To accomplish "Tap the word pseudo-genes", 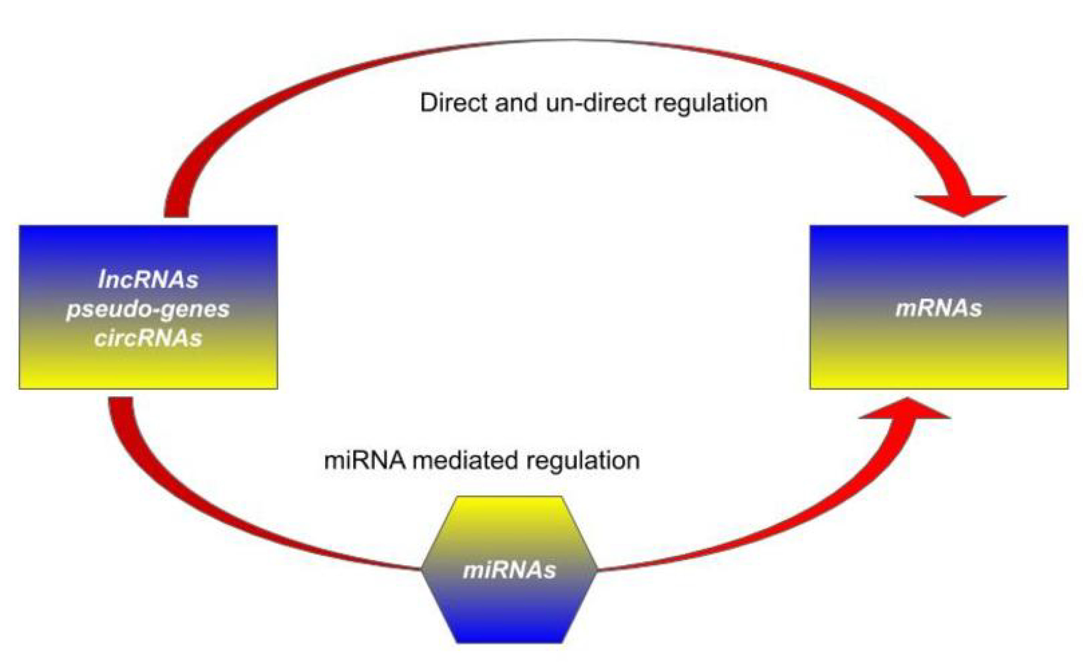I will click(x=148, y=309).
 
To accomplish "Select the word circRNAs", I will click(x=148, y=338).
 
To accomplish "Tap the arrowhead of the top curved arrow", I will click(x=961, y=205).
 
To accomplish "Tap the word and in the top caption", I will click(x=516, y=102).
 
